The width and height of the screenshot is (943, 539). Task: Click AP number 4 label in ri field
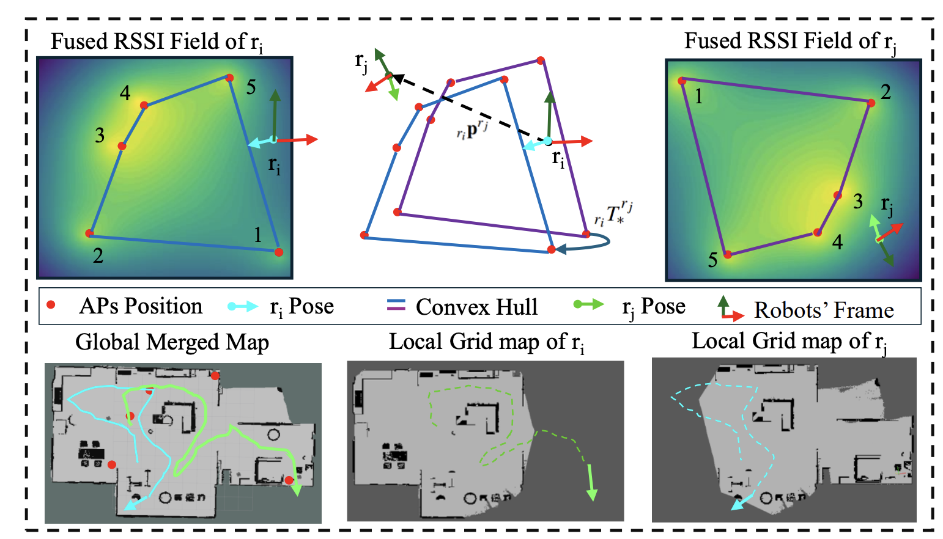[125, 93]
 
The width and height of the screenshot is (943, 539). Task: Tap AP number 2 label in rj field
[885, 92]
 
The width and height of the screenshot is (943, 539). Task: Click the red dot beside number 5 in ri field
[229, 78]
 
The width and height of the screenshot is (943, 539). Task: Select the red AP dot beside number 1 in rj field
[681, 80]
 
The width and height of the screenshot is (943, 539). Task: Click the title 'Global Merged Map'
[172, 342]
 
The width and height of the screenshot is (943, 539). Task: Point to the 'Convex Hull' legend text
[476, 307]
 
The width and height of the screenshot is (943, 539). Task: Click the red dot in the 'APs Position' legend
[51, 304]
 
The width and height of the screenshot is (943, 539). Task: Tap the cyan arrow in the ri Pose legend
[243, 306]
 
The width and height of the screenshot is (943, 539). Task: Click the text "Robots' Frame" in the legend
[823, 310]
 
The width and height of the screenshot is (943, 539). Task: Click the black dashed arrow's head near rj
[397, 78]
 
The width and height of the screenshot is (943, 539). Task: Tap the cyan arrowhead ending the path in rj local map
[738, 504]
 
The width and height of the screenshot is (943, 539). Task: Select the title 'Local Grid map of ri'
[486, 342]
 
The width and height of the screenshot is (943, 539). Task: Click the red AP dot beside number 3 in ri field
[122, 146]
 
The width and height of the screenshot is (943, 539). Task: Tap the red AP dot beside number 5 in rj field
[728, 255]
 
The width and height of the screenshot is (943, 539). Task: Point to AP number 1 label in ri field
[258, 235]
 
